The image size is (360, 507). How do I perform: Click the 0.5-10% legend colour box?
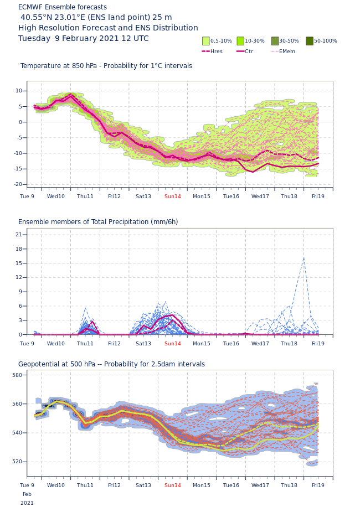(x=206, y=41)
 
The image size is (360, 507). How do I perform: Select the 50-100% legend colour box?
(x=310, y=41)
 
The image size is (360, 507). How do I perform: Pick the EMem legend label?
(x=287, y=51)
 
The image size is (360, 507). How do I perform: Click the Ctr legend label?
(x=249, y=51)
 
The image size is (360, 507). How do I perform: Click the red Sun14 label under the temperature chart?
(x=173, y=196)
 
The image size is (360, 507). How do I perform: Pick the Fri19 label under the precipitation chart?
(x=318, y=344)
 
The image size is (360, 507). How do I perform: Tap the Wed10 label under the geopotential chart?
(x=56, y=485)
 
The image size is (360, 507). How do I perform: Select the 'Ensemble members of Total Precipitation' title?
(x=98, y=222)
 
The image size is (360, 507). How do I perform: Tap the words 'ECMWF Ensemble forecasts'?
(x=63, y=7)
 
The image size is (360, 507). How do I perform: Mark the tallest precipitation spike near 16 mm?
(x=304, y=257)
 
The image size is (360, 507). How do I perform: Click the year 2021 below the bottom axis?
(x=27, y=503)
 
